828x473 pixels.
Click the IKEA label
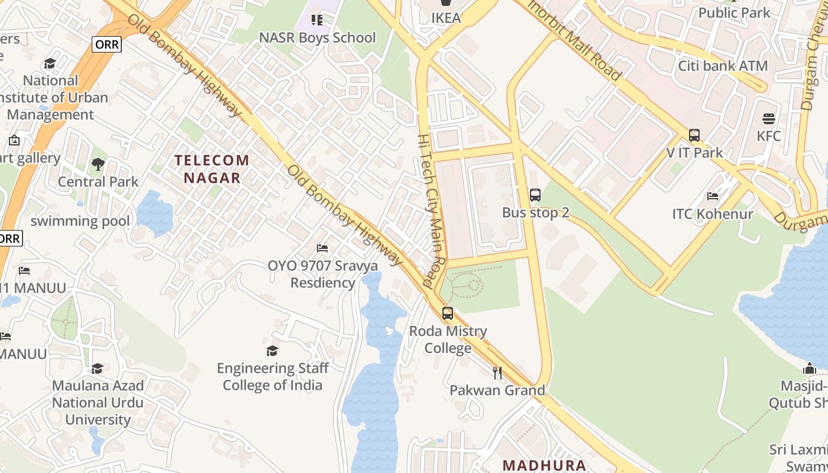(446, 18)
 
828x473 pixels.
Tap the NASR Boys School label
(317, 38)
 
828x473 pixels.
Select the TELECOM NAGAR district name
(212, 169)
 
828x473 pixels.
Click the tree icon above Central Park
(98, 164)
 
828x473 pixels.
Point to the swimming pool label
(80, 221)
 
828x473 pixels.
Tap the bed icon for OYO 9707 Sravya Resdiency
(322, 248)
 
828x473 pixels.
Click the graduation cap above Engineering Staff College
(272, 351)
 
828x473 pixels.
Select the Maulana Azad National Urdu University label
(98, 403)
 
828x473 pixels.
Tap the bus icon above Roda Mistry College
(448, 313)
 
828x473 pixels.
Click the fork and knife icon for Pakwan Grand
(497, 373)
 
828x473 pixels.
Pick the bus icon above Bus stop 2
(535, 195)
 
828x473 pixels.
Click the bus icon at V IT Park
(694, 135)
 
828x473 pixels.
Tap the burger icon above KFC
(769, 119)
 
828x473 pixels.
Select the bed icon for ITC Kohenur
(713, 196)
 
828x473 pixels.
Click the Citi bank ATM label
(723, 66)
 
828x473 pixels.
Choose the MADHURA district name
(544, 465)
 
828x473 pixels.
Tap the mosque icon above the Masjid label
(810, 369)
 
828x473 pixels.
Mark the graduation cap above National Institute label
(50, 63)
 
